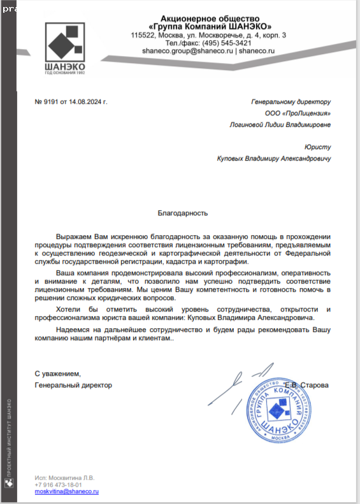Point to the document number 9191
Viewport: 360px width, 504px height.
click(x=52, y=101)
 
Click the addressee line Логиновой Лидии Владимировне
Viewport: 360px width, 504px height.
click(x=280, y=126)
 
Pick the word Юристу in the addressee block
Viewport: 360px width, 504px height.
click(x=318, y=147)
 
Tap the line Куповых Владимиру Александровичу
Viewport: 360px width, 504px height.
click(x=275, y=159)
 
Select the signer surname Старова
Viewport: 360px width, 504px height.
click(x=314, y=385)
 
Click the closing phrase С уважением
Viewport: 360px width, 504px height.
click(x=58, y=373)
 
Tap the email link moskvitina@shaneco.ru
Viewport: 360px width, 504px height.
click(x=66, y=492)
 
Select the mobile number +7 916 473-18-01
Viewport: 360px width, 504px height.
click(x=59, y=484)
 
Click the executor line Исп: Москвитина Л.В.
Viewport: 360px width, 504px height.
click(x=64, y=477)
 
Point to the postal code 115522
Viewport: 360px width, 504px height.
click(x=143, y=35)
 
